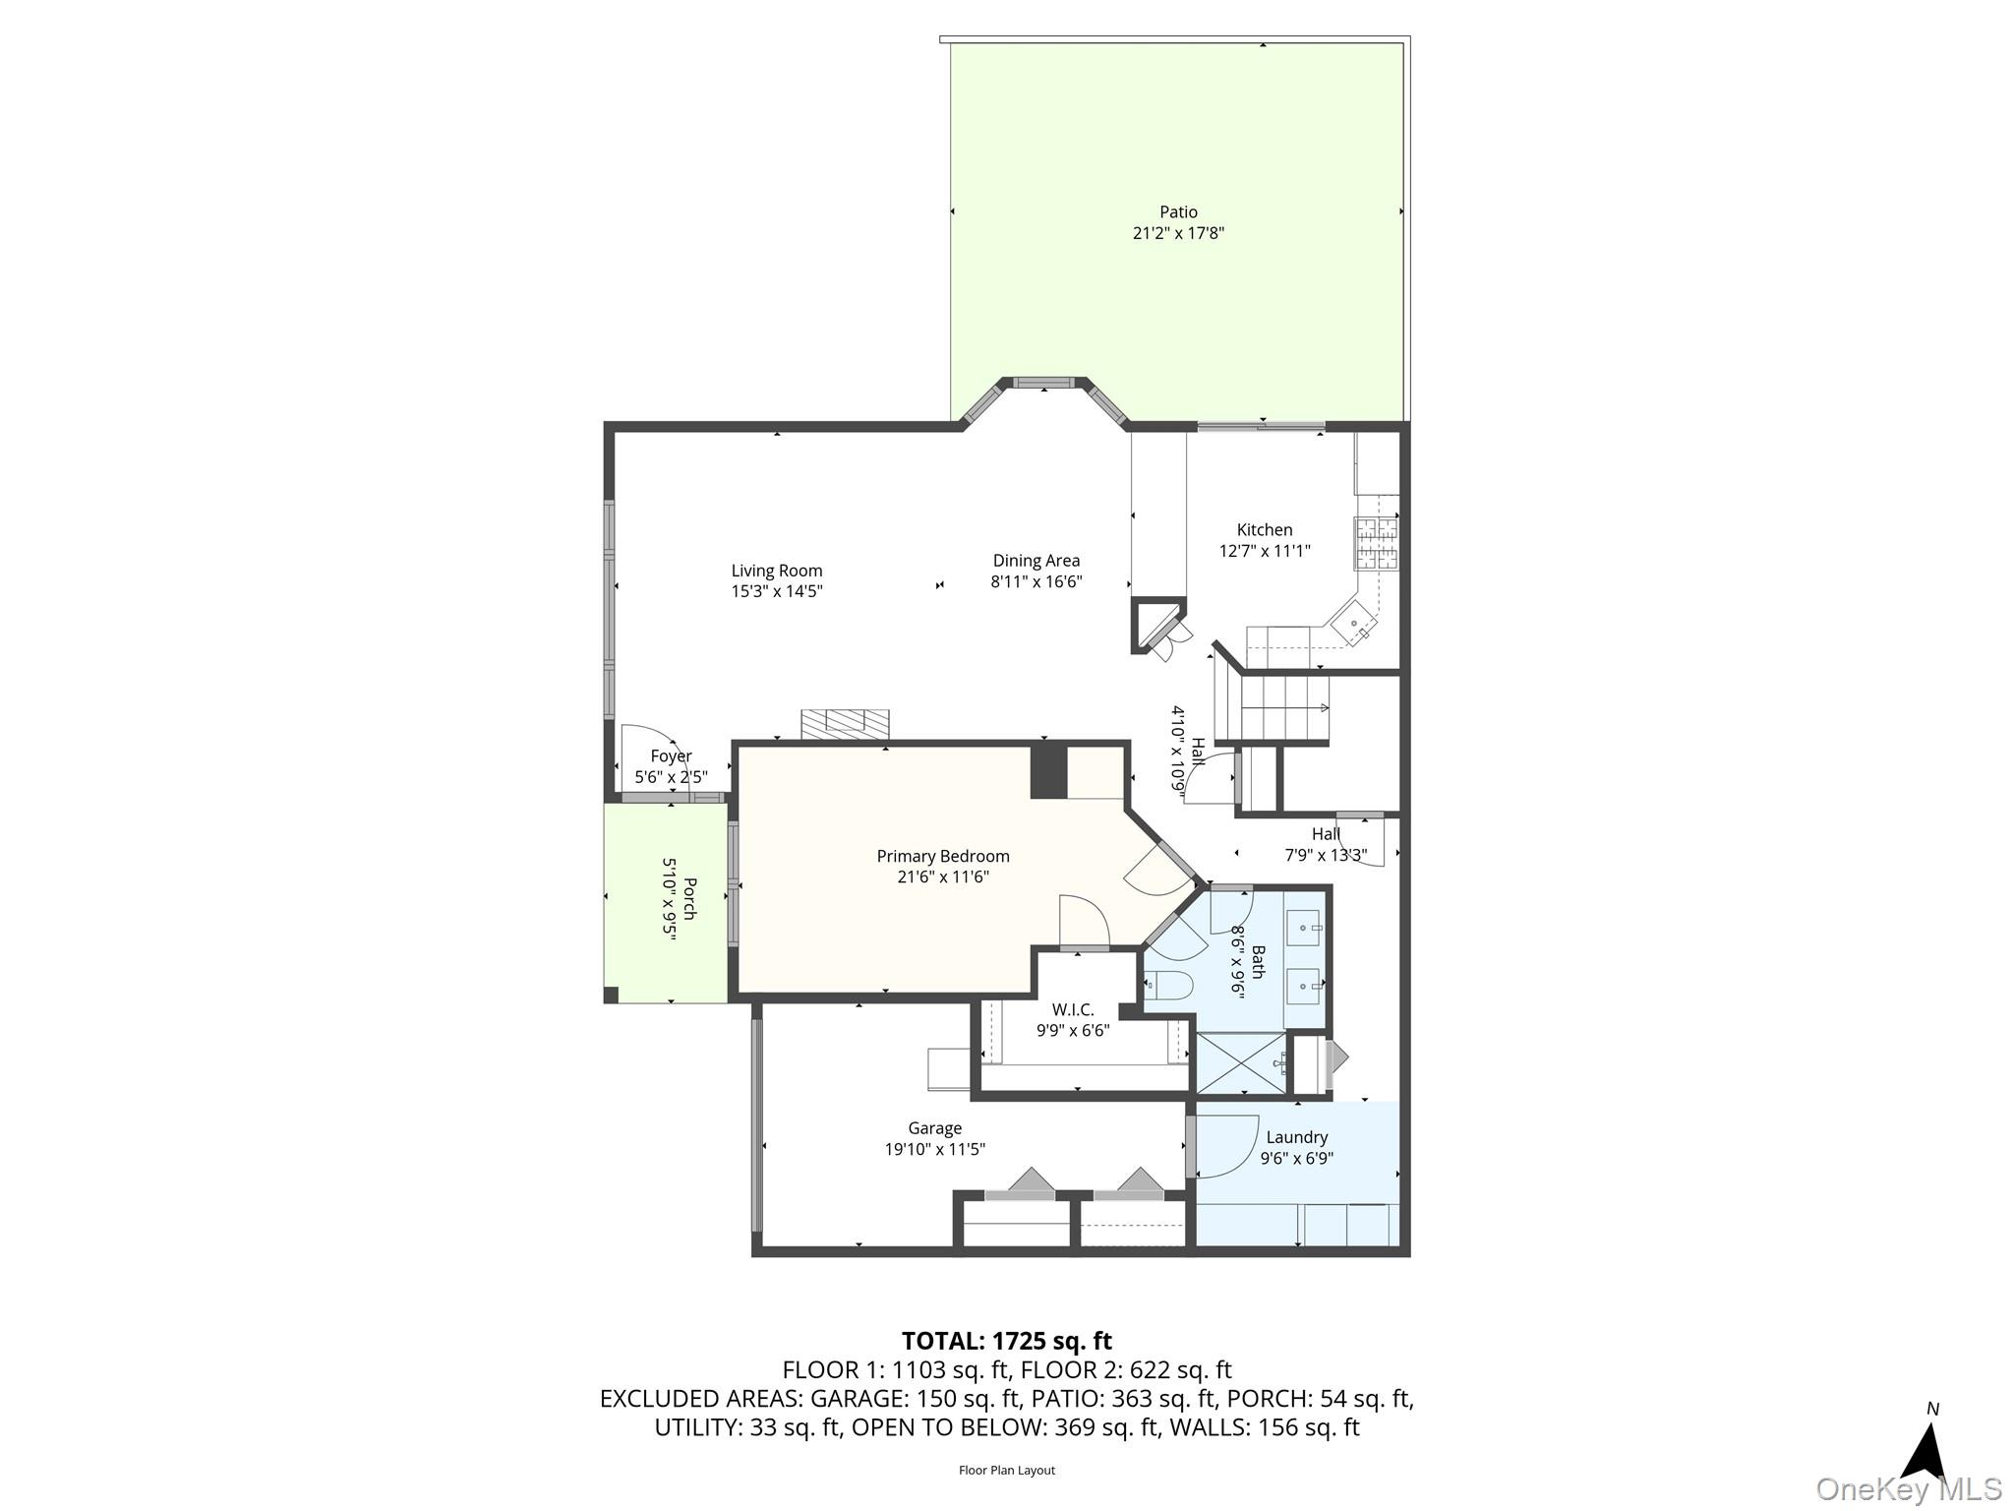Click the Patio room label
click(x=1178, y=212)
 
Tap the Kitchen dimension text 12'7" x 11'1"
click(x=1265, y=551)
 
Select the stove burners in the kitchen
click(x=1377, y=544)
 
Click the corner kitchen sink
click(x=1355, y=622)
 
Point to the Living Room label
click(x=776, y=571)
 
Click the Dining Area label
click(x=1036, y=561)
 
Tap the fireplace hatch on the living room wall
click(x=845, y=724)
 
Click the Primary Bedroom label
click(x=943, y=856)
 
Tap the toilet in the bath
click(x=1169, y=983)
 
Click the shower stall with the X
click(x=1241, y=1062)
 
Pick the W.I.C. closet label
click(x=1072, y=1009)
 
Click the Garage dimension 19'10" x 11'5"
click(x=934, y=1149)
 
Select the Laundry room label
click(x=1296, y=1137)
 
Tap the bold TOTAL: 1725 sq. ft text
click(x=1006, y=1341)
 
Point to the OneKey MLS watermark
click(x=1908, y=1489)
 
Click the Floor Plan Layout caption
click(x=1006, y=1471)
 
